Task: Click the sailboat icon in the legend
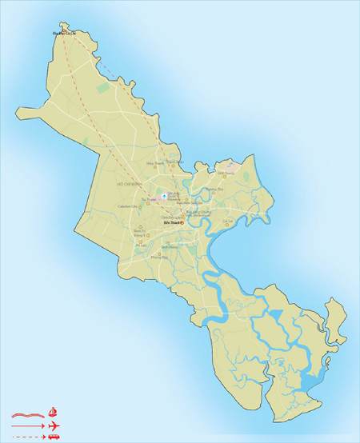click(x=54, y=413)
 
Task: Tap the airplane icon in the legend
click(x=54, y=426)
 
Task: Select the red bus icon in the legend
click(x=54, y=437)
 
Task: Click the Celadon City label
click(x=128, y=206)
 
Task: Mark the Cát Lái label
click(x=227, y=221)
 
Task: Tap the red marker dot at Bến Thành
click(x=182, y=223)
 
